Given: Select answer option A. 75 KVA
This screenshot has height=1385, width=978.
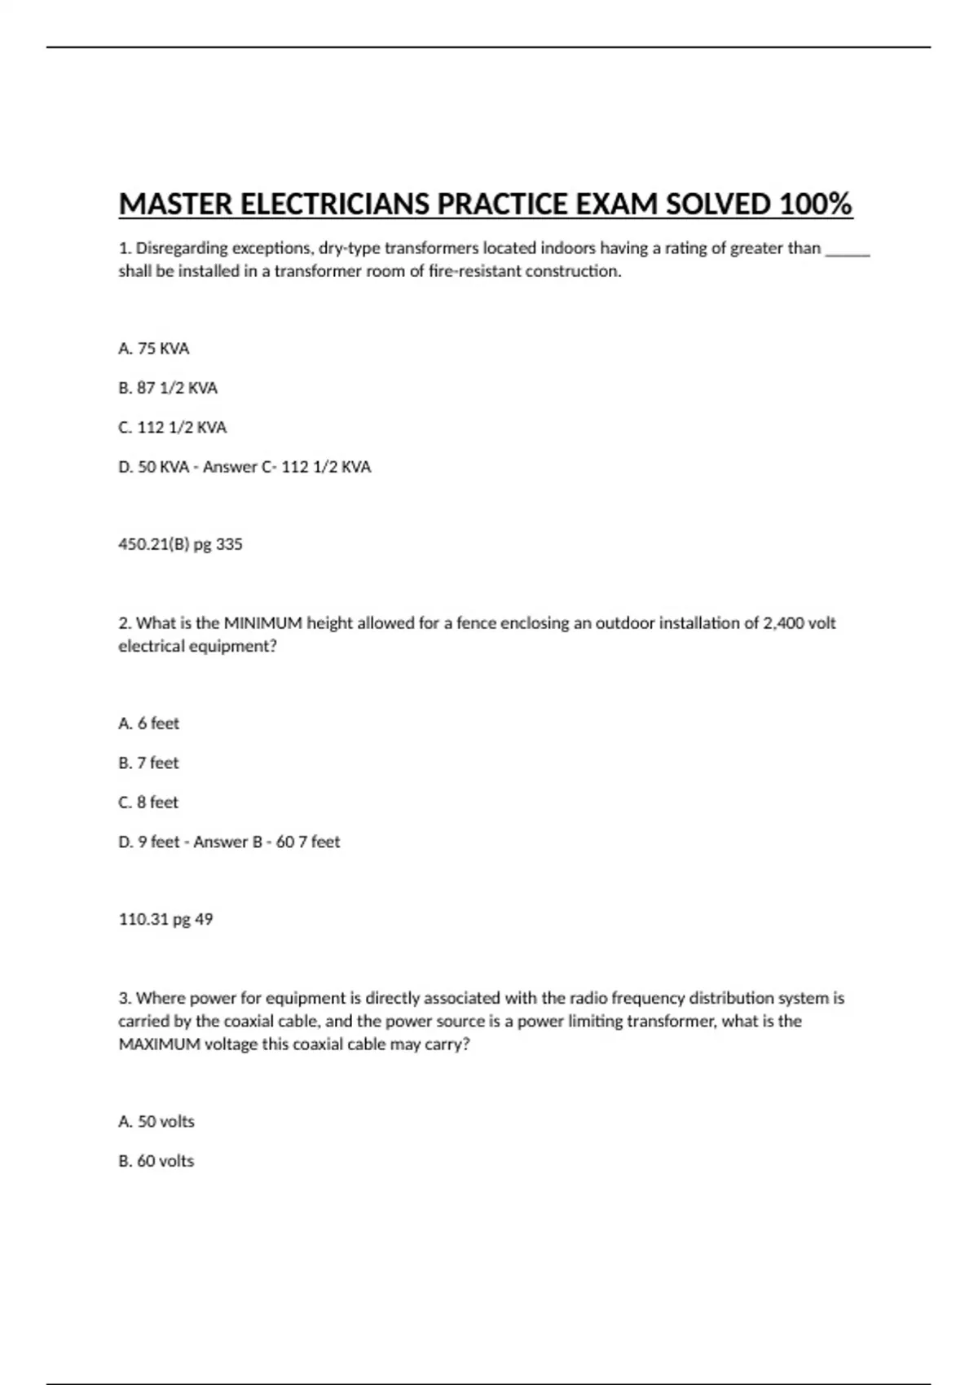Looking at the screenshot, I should [x=154, y=349].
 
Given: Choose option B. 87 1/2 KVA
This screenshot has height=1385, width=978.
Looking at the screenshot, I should [x=168, y=388].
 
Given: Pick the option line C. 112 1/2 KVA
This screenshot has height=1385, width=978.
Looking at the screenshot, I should [x=173, y=428].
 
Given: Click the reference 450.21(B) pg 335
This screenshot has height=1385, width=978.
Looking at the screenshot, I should [x=180, y=544].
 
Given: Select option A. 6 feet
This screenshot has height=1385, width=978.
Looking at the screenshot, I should [x=149, y=723].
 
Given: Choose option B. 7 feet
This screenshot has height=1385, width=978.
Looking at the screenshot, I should [x=148, y=763].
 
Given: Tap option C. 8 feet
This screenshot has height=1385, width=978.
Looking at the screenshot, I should [x=148, y=802].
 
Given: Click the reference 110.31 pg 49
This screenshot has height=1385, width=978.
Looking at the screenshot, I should [x=165, y=920].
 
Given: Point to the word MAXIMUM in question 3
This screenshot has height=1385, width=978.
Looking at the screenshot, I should [x=159, y=1044].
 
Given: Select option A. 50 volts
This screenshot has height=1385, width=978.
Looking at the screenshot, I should [x=156, y=1122].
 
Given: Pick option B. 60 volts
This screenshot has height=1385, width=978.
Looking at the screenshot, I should [x=156, y=1161].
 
